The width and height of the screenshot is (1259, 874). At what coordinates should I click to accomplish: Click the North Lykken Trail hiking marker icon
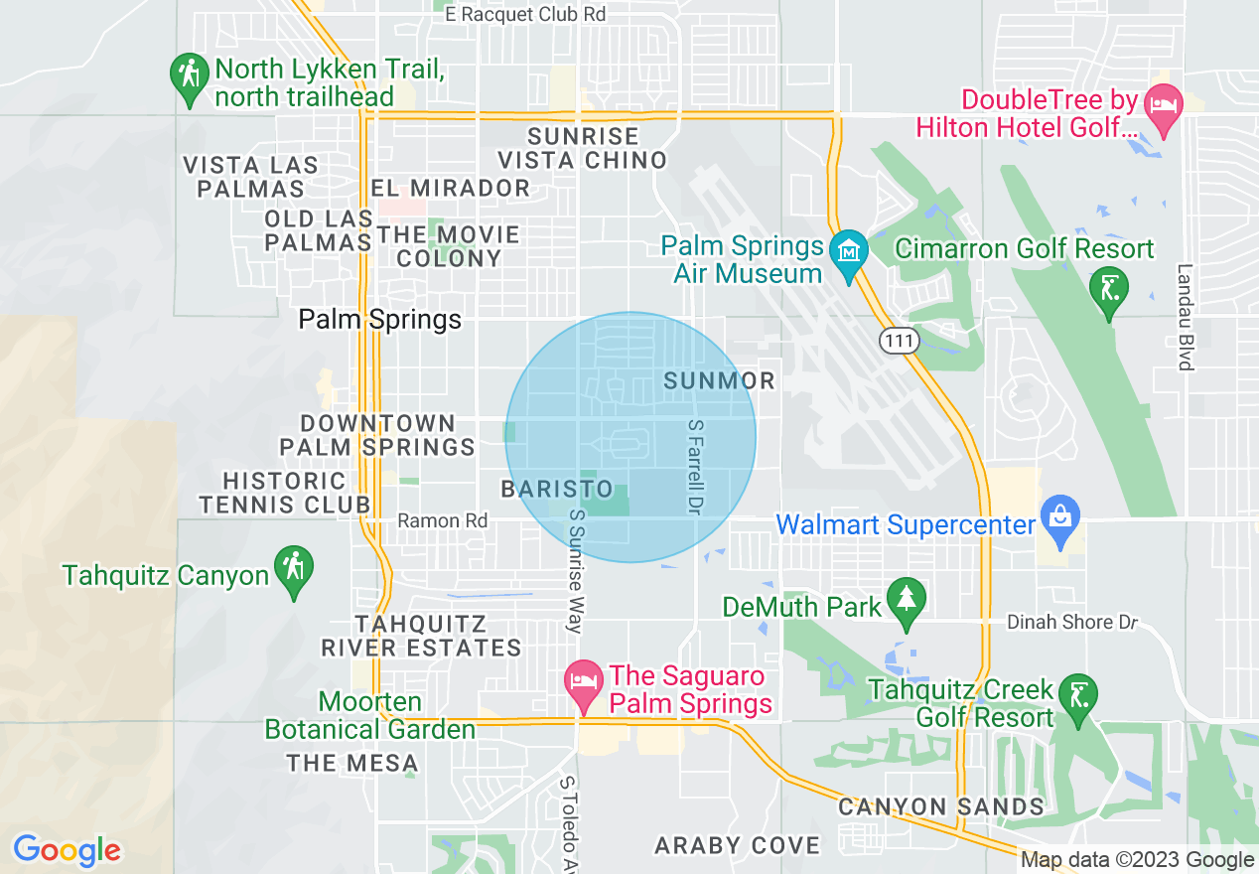(188, 75)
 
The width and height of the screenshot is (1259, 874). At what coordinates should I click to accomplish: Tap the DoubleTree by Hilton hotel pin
(1163, 105)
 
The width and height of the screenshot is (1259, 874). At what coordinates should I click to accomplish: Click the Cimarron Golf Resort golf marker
(1109, 289)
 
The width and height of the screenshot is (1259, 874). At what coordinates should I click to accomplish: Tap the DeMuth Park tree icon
(906, 599)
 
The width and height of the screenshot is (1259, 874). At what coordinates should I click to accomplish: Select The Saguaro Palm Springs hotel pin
(583, 683)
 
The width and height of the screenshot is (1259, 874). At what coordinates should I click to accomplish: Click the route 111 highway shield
(899, 341)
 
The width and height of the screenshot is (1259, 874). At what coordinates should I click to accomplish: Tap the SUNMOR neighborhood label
(719, 380)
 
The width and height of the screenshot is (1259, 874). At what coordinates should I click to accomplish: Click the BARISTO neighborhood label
(557, 489)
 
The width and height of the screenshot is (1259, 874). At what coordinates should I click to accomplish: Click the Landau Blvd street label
(1184, 317)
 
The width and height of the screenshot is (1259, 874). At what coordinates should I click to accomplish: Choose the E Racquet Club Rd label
(525, 14)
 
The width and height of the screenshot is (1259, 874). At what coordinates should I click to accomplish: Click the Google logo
(67, 850)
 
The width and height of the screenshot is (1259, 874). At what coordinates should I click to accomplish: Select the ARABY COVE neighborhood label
(738, 845)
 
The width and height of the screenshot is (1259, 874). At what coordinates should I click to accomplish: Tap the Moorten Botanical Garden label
(370, 715)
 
